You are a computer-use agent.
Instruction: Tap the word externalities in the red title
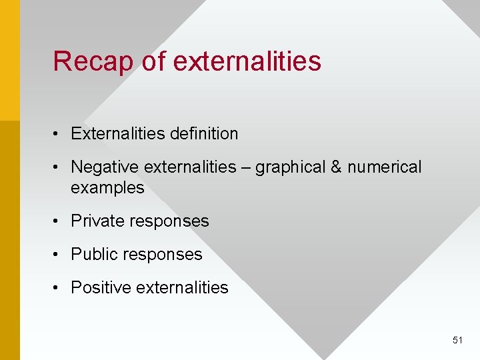pyautogui.click(x=247, y=61)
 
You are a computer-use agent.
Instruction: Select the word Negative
pyautogui.click(x=105, y=167)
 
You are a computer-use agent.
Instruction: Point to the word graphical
pyautogui.click(x=291, y=167)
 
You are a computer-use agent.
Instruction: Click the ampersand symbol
pyautogui.click(x=336, y=167)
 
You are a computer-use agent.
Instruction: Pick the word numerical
pyautogui.click(x=385, y=167)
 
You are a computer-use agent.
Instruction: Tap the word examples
pyautogui.click(x=107, y=188)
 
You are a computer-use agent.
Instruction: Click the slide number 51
pyautogui.click(x=457, y=340)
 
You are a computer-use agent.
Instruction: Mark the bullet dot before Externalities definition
pyautogui.click(x=59, y=134)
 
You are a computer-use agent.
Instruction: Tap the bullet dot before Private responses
pyautogui.click(x=59, y=221)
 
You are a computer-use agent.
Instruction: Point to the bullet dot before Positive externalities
pyautogui.click(x=59, y=288)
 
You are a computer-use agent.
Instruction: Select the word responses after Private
pyautogui.click(x=167, y=221)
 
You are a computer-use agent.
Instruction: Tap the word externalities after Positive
pyautogui.click(x=182, y=287)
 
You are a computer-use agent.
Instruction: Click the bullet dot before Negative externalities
pyautogui.click(x=59, y=167)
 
